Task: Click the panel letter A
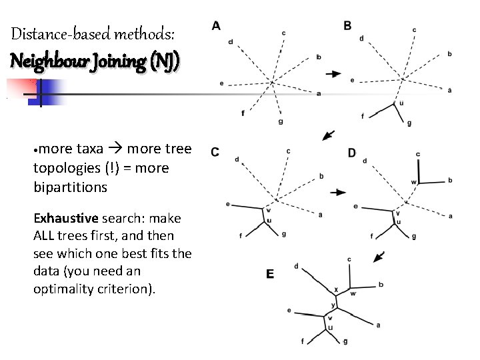216,25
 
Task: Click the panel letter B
348,25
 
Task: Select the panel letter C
215,151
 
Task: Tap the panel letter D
351,153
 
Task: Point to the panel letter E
270,273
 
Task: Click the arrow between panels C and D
339,193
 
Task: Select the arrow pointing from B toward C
328,136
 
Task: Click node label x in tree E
336,289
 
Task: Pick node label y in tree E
333,305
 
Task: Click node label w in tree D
413,181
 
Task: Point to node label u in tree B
401,103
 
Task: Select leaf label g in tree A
281,121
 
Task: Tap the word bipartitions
70,187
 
